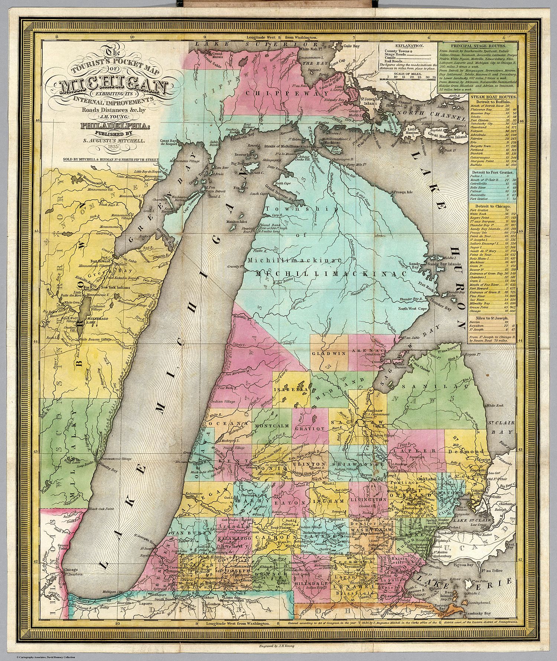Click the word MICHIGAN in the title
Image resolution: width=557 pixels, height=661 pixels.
tap(113, 86)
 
